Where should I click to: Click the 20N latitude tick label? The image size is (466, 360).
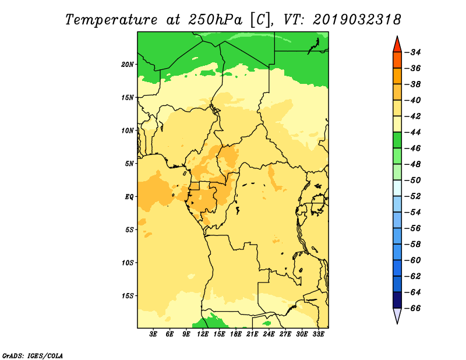point(127,65)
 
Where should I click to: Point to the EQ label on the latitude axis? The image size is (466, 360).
point(129,197)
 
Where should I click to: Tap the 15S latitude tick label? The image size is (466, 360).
point(128,296)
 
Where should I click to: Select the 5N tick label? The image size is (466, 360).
point(129,164)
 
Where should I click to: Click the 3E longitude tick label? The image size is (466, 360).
point(153,334)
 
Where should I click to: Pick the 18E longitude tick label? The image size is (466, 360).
point(236,334)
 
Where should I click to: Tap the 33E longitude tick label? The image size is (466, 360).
point(318,334)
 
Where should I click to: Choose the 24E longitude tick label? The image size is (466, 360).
point(269,334)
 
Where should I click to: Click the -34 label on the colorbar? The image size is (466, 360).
point(414,52)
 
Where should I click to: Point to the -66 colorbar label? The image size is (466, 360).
point(414,308)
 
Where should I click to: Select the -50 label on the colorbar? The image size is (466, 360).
point(414,180)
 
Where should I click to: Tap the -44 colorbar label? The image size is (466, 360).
point(414,132)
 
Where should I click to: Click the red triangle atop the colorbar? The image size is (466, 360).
point(397,46)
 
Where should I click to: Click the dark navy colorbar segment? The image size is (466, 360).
point(397,300)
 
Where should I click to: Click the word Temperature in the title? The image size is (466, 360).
point(111,20)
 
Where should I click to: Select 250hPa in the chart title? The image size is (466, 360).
point(215,20)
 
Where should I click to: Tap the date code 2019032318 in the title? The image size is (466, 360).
point(357,20)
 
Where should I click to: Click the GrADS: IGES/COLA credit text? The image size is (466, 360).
point(33,355)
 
